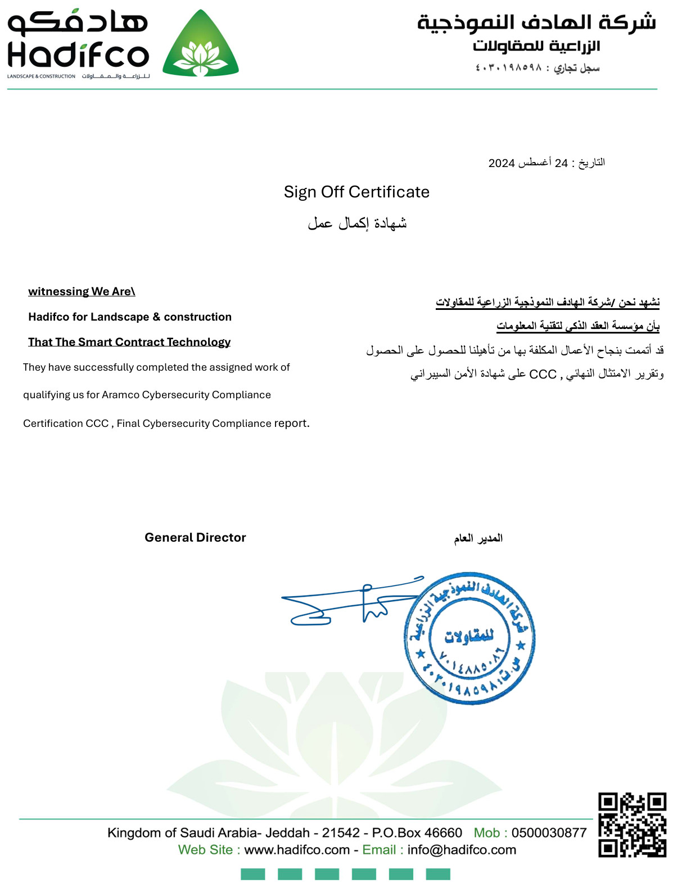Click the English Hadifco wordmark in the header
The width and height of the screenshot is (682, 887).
click(x=78, y=56)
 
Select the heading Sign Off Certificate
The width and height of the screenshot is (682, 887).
click(x=356, y=192)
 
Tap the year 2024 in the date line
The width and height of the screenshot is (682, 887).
click(x=502, y=163)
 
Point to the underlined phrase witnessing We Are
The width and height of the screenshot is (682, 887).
click(x=82, y=291)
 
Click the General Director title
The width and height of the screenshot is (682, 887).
click(x=195, y=537)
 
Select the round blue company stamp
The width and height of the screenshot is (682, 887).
click(x=469, y=639)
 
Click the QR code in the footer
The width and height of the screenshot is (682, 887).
click(x=632, y=825)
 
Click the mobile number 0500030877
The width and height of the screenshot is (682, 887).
click(x=549, y=832)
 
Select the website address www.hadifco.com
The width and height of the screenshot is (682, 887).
click(x=297, y=850)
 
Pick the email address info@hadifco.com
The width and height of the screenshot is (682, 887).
click(x=462, y=850)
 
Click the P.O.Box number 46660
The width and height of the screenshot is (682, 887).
click(x=443, y=832)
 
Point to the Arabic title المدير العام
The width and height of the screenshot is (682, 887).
click(x=478, y=538)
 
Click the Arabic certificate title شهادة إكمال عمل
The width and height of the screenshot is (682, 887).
click(x=357, y=223)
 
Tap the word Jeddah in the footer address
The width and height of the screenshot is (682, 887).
click(x=287, y=832)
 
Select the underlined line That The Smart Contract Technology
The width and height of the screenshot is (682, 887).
click(x=129, y=342)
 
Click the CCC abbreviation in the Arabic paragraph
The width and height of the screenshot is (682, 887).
click(x=543, y=375)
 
